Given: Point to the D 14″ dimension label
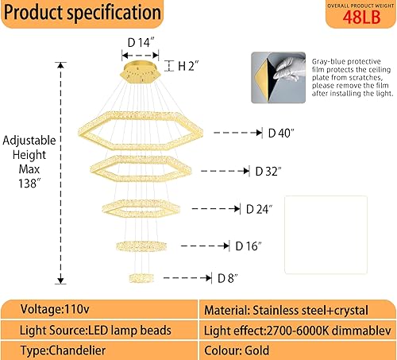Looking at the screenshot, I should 140,42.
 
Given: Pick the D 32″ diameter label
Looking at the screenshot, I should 269,171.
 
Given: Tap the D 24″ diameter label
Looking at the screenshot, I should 259,209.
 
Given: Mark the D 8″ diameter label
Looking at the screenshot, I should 229,278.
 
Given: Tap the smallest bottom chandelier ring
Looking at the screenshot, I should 141,277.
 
